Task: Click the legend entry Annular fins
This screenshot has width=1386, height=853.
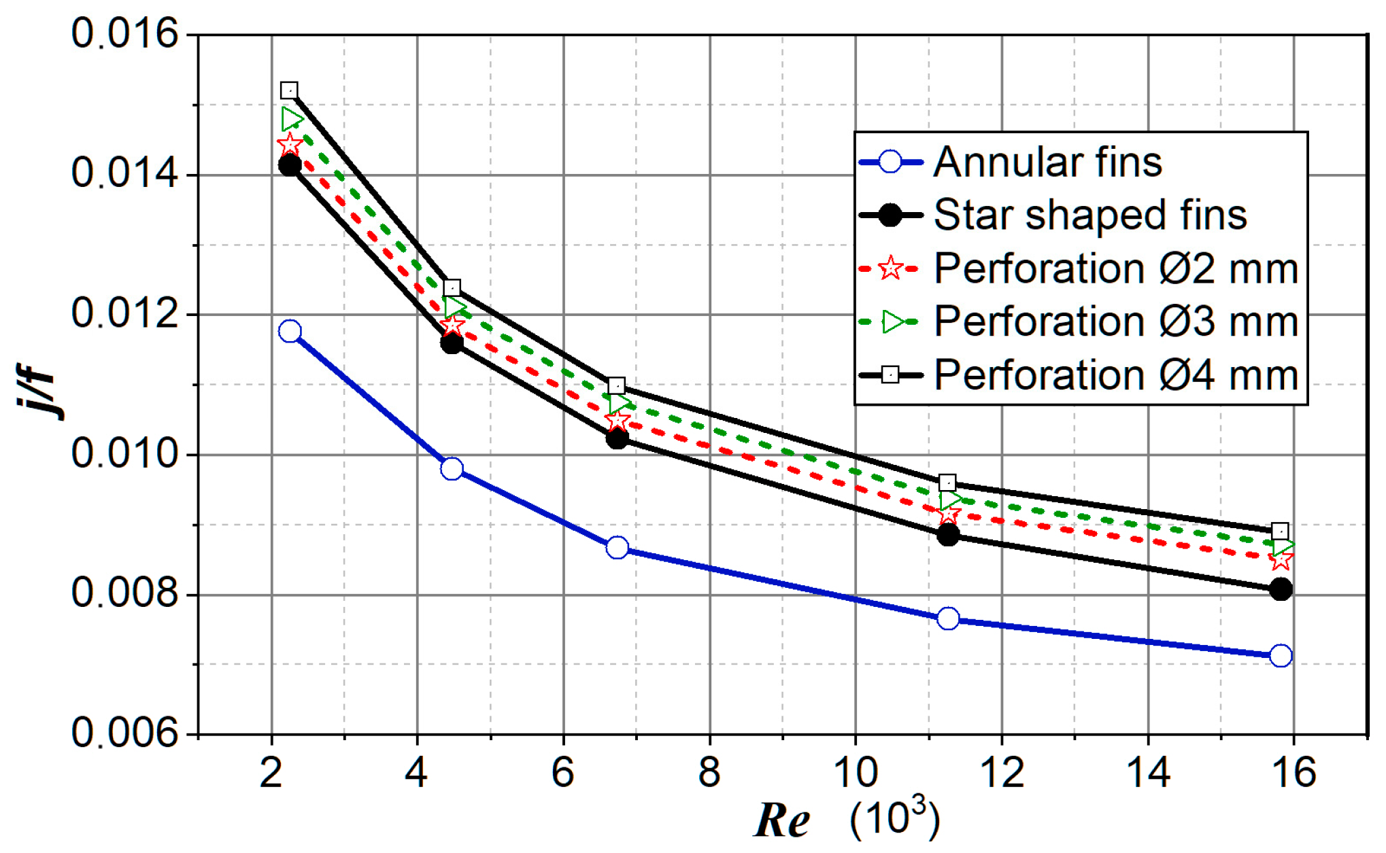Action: tap(1047, 162)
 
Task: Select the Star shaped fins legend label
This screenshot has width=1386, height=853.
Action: tap(1090, 215)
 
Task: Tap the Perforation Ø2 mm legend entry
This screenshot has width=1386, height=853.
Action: tap(1116, 268)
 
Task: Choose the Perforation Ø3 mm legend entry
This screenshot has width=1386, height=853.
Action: tap(1116, 321)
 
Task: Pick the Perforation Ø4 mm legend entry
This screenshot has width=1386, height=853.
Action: tap(1116, 375)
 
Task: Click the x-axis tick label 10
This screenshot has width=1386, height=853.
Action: tap(855, 773)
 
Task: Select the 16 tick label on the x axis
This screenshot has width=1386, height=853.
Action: tap(1293, 773)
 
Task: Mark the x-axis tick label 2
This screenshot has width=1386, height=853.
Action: tap(271, 773)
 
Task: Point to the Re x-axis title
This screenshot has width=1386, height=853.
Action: tap(782, 820)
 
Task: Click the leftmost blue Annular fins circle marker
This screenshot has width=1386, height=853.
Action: tap(290, 331)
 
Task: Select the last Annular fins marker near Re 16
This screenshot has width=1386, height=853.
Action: tap(1281, 656)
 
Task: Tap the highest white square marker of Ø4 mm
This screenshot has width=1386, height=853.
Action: tap(289, 90)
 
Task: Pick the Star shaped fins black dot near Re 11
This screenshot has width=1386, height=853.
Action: tap(947, 535)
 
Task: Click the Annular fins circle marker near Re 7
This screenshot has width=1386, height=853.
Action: tap(617, 547)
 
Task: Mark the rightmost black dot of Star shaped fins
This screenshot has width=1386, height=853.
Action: tap(1281, 589)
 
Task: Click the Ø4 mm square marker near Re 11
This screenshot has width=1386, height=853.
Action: tap(947, 483)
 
